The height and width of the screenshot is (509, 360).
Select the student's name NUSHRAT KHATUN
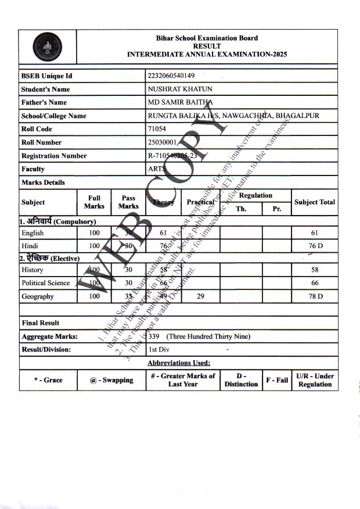(x=175, y=89)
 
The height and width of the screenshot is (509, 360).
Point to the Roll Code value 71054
(x=157, y=129)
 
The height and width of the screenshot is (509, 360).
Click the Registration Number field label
(x=54, y=156)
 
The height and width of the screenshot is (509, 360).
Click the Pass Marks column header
(x=128, y=202)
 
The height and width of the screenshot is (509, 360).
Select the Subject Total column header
(x=315, y=202)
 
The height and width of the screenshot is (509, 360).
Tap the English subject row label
(x=33, y=233)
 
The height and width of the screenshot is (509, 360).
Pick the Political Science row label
(x=45, y=283)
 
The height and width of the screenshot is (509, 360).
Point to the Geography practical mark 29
(x=200, y=296)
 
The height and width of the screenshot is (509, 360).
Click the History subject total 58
(x=315, y=270)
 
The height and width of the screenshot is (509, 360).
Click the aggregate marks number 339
(x=154, y=336)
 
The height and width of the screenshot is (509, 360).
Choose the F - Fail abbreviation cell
(x=277, y=380)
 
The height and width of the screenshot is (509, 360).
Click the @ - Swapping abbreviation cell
(x=111, y=380)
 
